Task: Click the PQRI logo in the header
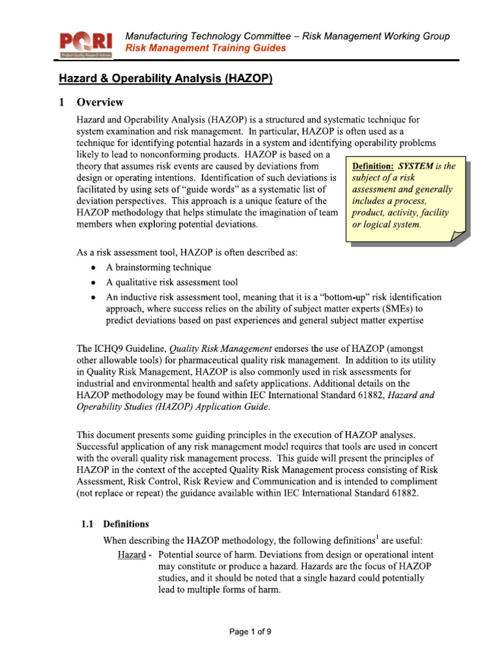pos(86,44)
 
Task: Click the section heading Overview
pos(100,102)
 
